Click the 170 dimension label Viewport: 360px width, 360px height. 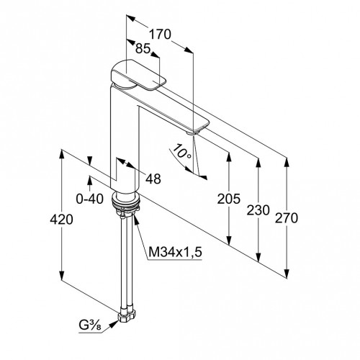160,35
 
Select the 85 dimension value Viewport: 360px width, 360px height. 143,48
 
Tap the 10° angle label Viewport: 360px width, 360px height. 182,151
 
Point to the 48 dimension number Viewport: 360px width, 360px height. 153,179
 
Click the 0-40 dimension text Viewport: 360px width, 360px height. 90,199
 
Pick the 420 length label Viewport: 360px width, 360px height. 61,220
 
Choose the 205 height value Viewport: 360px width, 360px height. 228,199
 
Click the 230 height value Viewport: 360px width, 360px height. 258,210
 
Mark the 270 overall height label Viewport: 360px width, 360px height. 287,218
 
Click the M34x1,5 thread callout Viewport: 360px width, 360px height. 175,252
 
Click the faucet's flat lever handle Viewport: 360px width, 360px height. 138,75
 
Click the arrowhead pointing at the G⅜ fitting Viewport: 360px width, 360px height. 114,324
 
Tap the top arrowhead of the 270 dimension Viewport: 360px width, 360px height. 287,163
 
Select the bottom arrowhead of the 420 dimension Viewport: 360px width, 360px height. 61,275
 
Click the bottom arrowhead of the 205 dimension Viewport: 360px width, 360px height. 229,240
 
